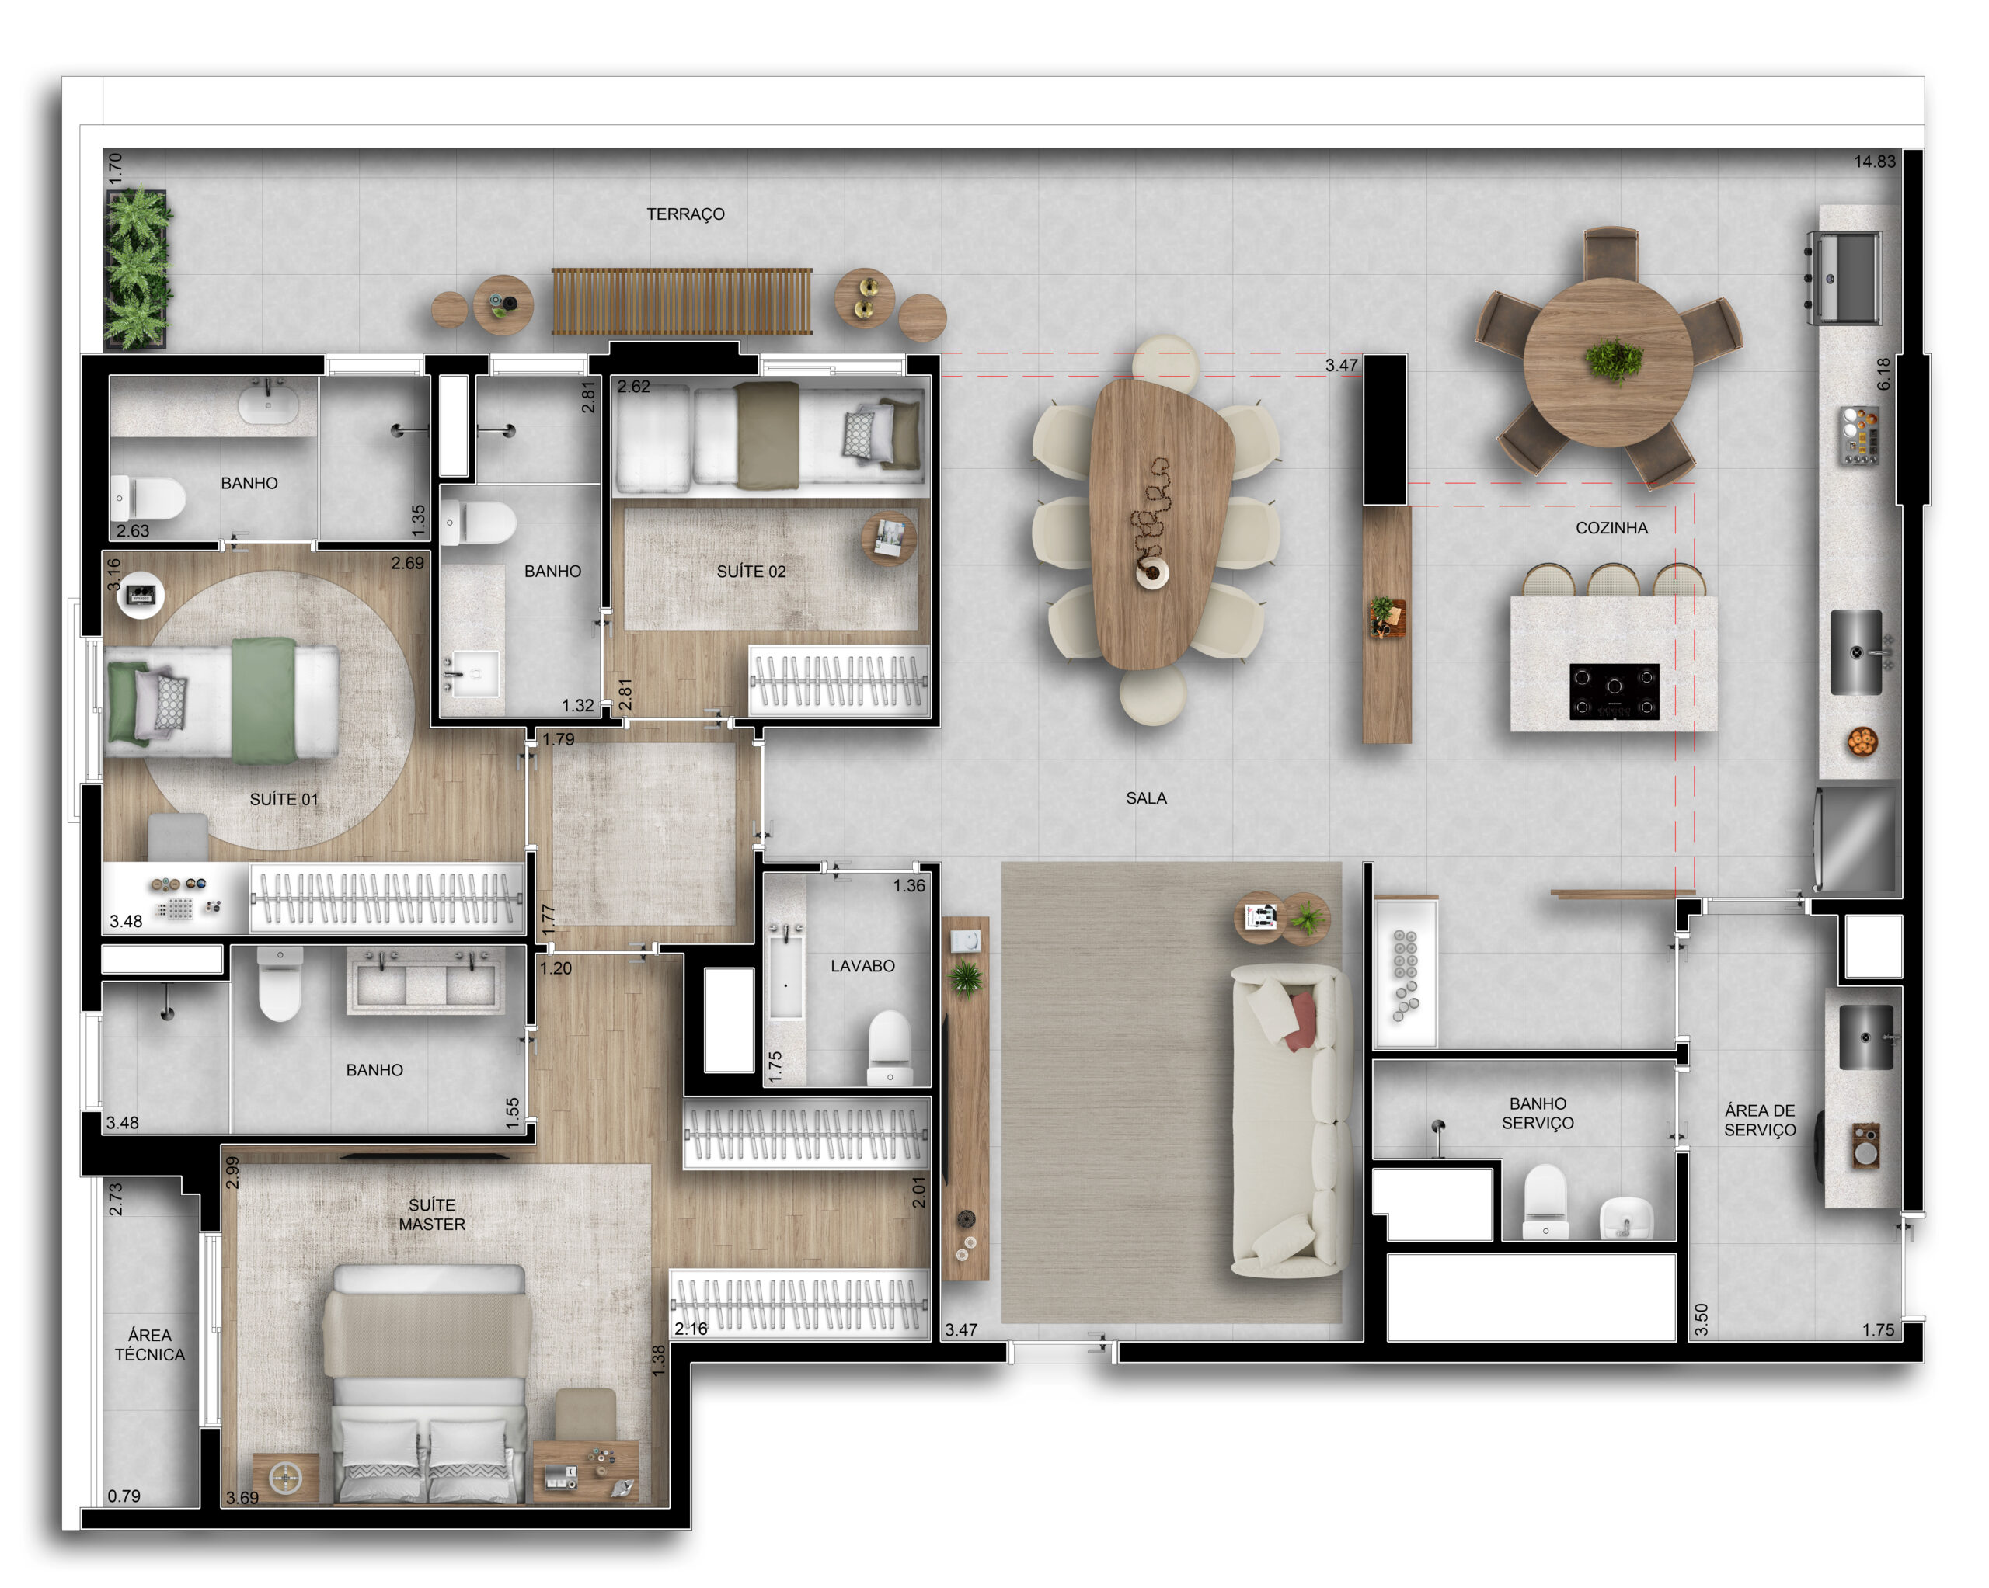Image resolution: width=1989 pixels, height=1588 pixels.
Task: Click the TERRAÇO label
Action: point(685,214)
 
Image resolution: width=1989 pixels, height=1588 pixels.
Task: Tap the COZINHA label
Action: point(1611,528)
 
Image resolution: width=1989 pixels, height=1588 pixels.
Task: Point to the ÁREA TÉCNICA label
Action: point(149,1344)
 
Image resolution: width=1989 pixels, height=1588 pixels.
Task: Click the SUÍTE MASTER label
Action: point(432,1214)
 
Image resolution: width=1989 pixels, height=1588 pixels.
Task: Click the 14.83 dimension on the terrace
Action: point(1876,162)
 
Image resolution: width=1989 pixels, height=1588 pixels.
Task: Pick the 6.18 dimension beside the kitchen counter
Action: point(1883,374)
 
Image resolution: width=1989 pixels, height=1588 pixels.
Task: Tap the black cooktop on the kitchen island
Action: point(1615,692)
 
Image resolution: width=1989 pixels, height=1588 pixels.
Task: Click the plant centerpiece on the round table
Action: point(1614,360)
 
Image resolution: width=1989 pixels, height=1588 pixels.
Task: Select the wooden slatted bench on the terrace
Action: point(681,301)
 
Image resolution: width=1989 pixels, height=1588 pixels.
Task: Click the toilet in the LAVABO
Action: point(890,1048)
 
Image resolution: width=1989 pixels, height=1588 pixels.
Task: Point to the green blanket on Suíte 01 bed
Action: point(264,702)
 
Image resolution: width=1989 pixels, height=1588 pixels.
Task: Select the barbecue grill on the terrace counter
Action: point(1844,277)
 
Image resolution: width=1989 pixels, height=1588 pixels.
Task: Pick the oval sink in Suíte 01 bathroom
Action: point(269,404)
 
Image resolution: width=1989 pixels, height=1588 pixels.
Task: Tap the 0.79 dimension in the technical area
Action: point(124,1496)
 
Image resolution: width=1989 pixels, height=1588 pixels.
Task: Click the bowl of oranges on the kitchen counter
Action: point(1862,742)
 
